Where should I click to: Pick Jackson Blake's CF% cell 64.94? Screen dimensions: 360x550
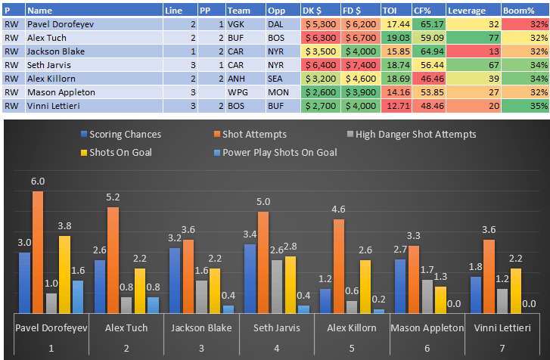[428, 51]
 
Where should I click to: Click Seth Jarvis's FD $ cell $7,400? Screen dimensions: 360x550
[359, 64]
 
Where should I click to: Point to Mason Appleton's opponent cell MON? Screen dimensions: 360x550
[282, 92]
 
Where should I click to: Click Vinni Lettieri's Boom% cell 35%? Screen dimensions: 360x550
[525, 105]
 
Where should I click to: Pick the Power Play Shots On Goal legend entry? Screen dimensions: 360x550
[278, 151]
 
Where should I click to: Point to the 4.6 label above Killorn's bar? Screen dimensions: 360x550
[339, 209]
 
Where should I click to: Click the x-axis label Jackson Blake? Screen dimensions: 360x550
[201, 327]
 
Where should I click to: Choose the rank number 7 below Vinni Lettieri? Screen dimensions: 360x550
[502, 347]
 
